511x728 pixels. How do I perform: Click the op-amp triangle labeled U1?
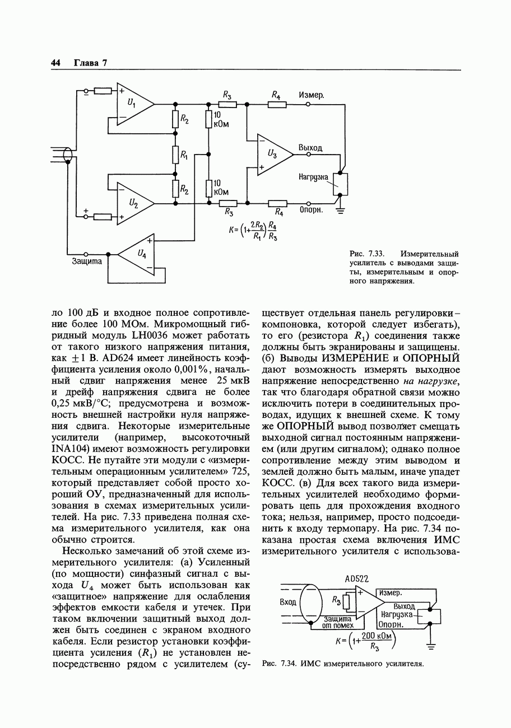click(x=133, y=104)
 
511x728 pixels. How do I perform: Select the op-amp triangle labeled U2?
click(x=133, y=203)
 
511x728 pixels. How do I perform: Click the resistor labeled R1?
click(x=176, y=154)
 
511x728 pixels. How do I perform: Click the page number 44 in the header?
click(x=55, y=63)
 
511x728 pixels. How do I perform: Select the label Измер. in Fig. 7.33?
click(x=311, y=95)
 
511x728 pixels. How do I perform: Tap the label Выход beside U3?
click(x=310, y=148)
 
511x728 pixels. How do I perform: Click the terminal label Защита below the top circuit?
click(x=86, y=261)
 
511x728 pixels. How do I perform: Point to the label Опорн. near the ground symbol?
click(x=310, y=211)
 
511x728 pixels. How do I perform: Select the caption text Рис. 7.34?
click(x=278, y=664)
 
